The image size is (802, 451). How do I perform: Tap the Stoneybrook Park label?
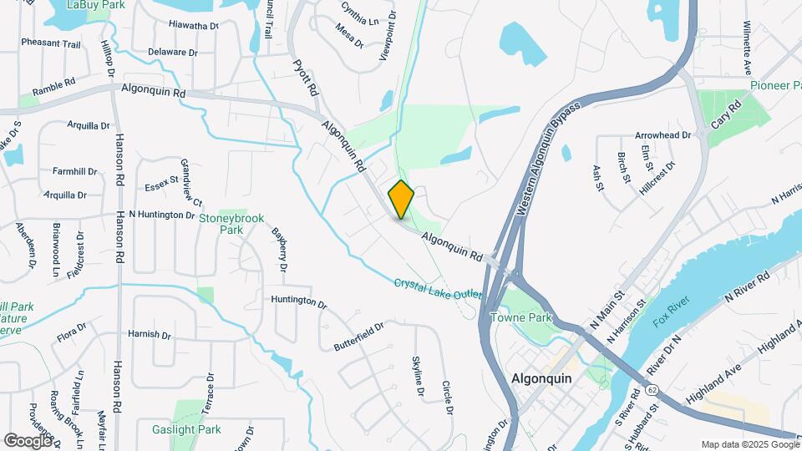click(231, 224)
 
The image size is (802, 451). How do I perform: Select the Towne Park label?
click(521, 317)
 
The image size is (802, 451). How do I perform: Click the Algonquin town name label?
click(541, 378)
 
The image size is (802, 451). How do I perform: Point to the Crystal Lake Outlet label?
click(439, 291)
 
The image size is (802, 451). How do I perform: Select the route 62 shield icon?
click(649, 389)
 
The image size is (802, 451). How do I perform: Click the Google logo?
click(28, 440)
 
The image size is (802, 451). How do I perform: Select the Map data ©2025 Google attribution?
click(749, 444)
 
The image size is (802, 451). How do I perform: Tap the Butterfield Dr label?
click(358, 336)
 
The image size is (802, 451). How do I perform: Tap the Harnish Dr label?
click(150, 334)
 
